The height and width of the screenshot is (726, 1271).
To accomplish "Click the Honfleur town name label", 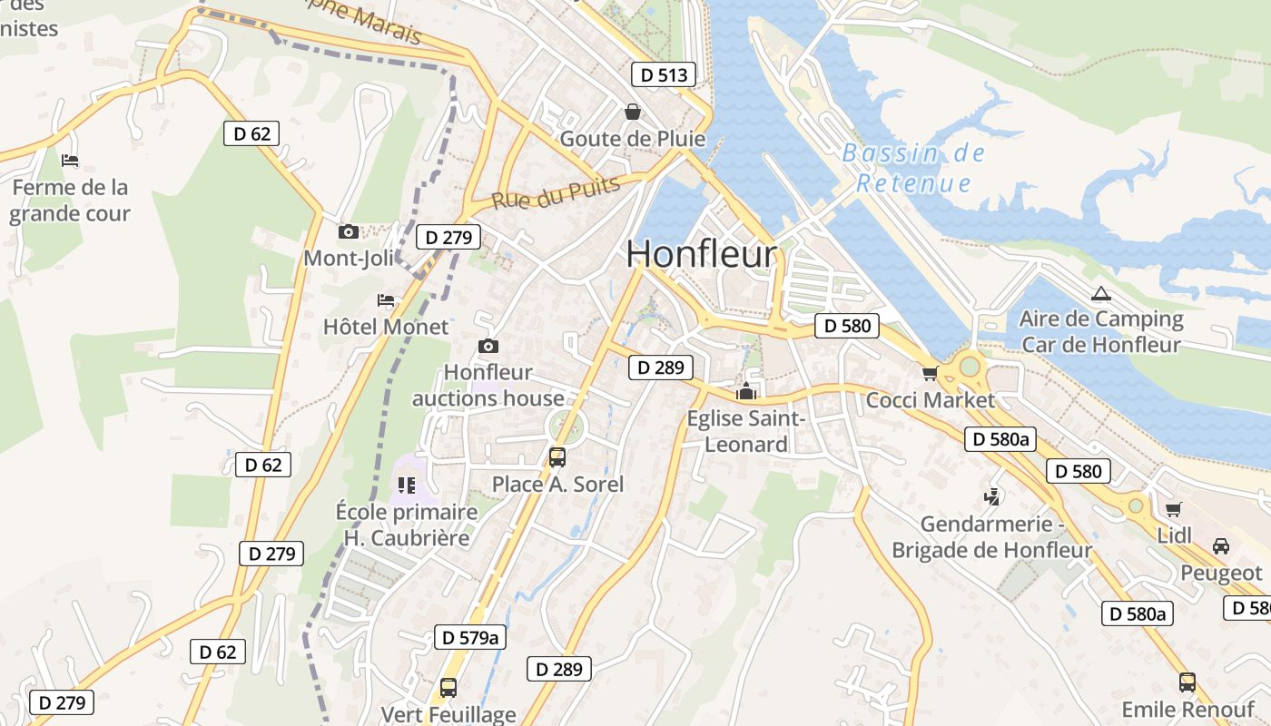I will click(x=702, y=254).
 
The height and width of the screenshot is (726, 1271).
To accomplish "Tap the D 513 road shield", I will click(x=664, y=74).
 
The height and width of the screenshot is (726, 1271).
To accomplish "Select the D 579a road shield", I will click(x=469, y=637).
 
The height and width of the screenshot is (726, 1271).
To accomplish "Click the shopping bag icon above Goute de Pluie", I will click(x=632, y=112).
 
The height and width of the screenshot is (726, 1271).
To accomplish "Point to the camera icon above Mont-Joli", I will click(x=348, y=232).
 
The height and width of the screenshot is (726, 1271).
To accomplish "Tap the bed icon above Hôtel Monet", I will click(x=386, y=300).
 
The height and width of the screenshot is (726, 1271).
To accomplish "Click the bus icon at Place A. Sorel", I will click(x=557, y=457).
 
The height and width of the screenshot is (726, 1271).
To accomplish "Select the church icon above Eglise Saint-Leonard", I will click(x=746, y=392).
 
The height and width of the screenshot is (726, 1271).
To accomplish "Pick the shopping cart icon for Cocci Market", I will click(x=930, y=374).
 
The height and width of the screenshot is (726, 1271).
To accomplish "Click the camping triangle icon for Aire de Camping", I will click(x=1101, y=293).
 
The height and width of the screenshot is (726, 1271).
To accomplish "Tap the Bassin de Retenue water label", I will click(x=913, y=168).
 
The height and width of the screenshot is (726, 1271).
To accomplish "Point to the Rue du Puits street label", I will click(x=556, y=191).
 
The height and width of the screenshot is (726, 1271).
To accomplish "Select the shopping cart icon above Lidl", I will click(x=1173, y=509).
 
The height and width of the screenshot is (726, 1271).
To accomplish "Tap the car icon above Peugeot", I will click(x=1221, y=546).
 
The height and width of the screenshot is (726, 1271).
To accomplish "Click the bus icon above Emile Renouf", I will click(x=1187, y=682).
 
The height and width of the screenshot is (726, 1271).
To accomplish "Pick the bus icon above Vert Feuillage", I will click(x=448, y=688).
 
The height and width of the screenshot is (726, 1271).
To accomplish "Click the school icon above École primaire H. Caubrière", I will click(x=406, y=485).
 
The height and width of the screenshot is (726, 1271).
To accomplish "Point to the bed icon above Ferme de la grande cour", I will click(x=70, y=161).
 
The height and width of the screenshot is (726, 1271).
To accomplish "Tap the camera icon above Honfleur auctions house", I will click(x=488, y=346).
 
